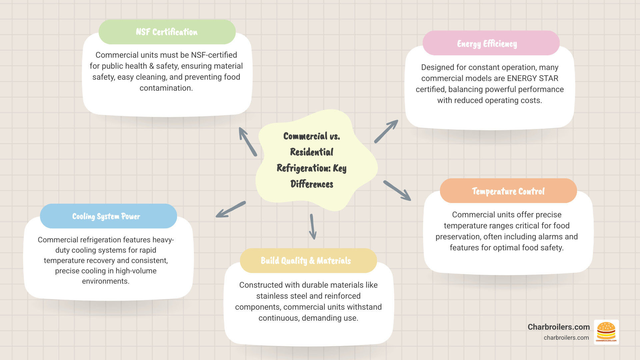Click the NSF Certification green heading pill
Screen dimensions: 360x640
tap(167, 32)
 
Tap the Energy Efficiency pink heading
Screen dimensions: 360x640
tap(491, 43)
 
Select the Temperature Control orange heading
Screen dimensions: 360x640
tap(508, 191)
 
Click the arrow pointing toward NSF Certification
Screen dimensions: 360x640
tap(247, 142)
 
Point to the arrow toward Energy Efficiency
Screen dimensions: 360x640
tap(386, 131)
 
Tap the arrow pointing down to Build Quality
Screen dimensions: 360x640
tap(313, 227)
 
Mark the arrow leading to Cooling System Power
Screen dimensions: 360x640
tap(231, 209)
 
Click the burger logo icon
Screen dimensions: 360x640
tap(606, 332)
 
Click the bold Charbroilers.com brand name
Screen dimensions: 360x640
tap(559, 327)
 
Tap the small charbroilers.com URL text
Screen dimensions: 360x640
tap(566, 338)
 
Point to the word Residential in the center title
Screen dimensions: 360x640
tap(312, 152)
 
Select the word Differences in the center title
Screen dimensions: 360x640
tap(312, 184)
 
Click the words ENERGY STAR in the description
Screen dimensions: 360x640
tap(533, 78)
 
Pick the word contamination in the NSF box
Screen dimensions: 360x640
tap(166, 88)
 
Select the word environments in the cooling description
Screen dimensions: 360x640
tap(105, 281)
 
